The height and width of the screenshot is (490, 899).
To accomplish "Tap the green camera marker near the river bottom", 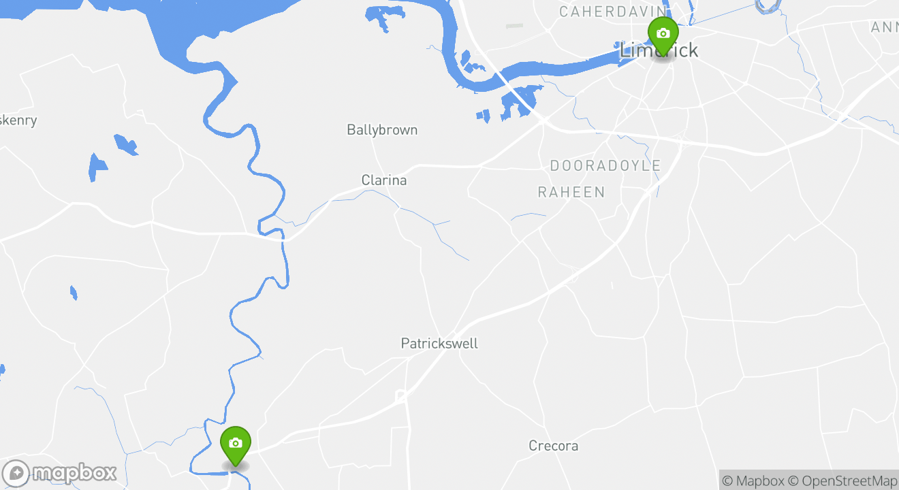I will (236, 446).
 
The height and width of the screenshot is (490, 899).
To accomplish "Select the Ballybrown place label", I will (382, 130).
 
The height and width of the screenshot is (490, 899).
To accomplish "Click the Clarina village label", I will (384, 180).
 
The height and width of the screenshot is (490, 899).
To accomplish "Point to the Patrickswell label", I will (439, 344).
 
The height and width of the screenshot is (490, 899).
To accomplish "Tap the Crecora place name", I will (554, 446).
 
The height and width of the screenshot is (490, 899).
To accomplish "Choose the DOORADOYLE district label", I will (605, 166).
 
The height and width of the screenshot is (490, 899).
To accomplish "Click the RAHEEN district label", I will (571, 193).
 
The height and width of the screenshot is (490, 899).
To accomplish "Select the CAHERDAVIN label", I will (612, 12).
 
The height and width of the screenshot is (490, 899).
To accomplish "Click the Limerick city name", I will (659, 50).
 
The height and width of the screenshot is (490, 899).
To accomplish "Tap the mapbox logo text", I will (74, 473).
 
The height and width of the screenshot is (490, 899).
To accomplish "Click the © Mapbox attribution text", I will (753, 481).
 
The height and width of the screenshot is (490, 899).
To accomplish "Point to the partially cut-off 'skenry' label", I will (18, 120).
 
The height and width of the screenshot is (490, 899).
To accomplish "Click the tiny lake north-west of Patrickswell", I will (74, 293).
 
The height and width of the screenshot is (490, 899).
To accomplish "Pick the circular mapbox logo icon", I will (16, 473).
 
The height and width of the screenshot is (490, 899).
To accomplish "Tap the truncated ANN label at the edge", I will (885, 27).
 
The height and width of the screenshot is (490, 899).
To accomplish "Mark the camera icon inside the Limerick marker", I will (663, 33).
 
